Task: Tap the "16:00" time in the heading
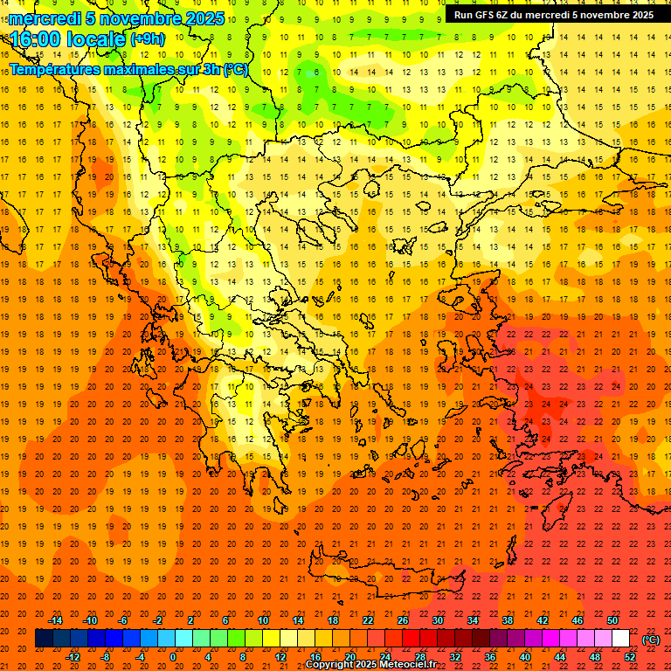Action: click(x=34, y=39)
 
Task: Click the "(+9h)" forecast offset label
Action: click(x=146, y=39)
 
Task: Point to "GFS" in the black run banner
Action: click(x=488, y=15)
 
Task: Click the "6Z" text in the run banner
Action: click(x=509, y=15)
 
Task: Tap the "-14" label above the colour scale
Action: click(x=55, y=620)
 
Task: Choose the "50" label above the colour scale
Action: click(x=612, y=620)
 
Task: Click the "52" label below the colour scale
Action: click(x=630, y=656)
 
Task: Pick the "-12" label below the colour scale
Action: click(x=73, y=656)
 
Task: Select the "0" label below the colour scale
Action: click(x=173, y=656)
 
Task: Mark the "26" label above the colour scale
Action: click(x=403, y=620)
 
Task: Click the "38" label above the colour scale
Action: click(x=508, y=620)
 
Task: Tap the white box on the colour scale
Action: click(x=621, y=638)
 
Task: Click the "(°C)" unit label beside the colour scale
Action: click(x=651, y=640)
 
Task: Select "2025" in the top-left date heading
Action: click(x=204, y=18)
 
